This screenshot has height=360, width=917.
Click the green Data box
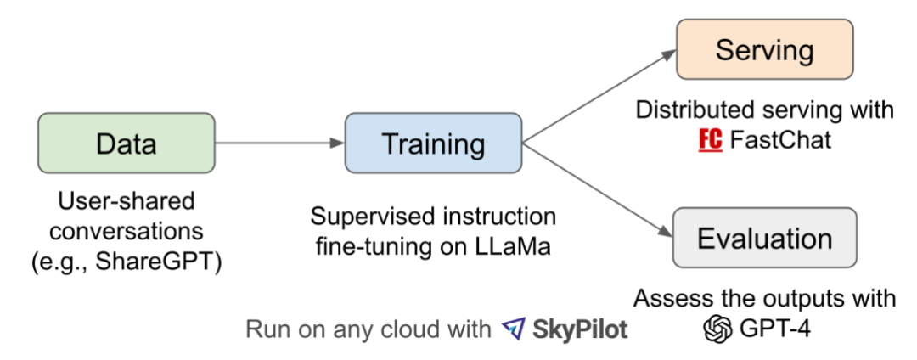click(126, 143)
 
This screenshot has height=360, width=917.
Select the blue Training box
click(432, 143)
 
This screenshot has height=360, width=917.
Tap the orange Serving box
click(763, 50)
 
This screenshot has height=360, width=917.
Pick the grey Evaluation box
click(763, 238)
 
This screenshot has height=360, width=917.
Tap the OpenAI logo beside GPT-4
click(718, 328)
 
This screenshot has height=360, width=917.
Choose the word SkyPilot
click(580, 329)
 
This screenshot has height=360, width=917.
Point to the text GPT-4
click(774, 328)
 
